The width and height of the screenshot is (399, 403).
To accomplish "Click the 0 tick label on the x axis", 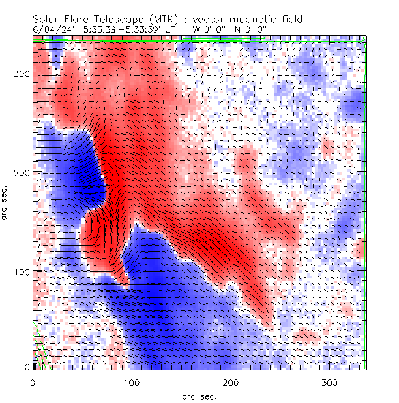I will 33,382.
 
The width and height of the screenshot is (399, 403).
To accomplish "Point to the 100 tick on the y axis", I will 22,270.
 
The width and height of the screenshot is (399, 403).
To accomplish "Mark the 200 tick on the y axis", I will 22,172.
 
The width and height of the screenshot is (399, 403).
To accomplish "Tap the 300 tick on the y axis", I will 22,74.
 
